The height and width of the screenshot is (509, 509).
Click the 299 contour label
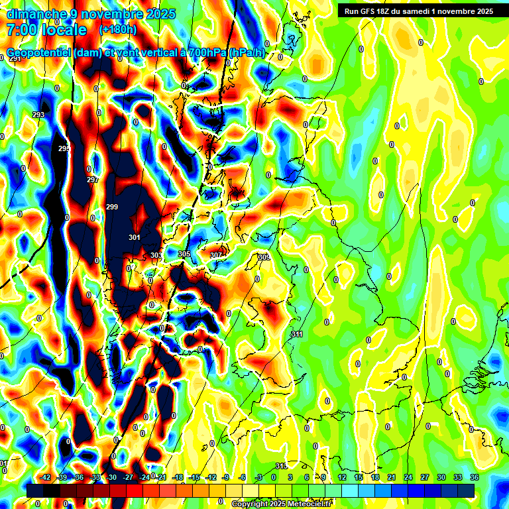point(112,207)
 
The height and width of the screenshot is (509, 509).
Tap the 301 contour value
point(135,237)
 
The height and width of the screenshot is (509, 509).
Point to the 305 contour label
point(184,254)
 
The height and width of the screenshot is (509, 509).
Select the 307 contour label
point(216,255)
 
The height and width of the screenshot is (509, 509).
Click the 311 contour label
point(297,335)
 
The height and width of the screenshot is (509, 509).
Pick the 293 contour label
point(38,115)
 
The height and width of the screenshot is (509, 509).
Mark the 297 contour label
point(93,180)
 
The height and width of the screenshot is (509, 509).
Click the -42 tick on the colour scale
point(46,477)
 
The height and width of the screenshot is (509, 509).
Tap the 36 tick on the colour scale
point(475,477)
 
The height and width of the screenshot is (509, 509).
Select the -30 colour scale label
point(112,477)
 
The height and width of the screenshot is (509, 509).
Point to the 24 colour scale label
point(409,477)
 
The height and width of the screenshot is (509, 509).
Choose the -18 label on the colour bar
point(178,477)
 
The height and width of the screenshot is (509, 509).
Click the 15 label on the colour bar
point(359,477)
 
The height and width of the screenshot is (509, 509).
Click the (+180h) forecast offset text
point(118,30)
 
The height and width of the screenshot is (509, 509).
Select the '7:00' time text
point(22,30)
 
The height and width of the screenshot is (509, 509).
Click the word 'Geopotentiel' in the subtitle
point(38,53)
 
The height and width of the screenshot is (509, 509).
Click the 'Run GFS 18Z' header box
point(417,11)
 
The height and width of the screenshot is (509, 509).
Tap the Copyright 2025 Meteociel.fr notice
point(281,504)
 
